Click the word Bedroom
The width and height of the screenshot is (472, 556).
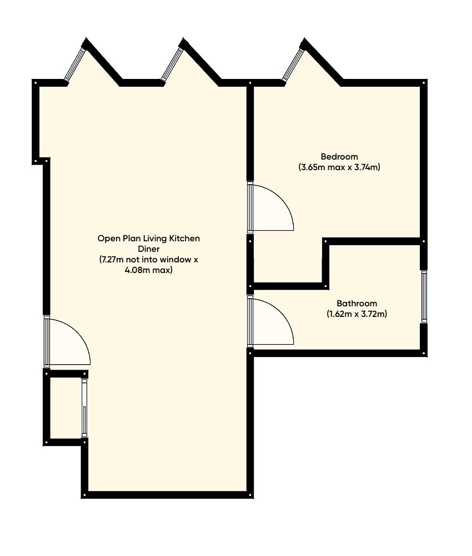point(339,156)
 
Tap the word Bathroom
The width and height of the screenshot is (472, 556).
point(356,304)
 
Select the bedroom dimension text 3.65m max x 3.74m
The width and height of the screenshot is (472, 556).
point(339,167)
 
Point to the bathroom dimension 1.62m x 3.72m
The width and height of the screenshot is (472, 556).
point(356,314)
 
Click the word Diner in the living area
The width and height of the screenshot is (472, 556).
point(149,249)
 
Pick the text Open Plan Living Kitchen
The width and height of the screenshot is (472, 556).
point(149,239)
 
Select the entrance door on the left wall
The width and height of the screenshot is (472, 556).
point(48,341)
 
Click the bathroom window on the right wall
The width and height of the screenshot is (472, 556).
point(424,296)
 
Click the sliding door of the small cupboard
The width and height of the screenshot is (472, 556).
point(84,408)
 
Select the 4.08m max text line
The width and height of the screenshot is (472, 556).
point(149,270)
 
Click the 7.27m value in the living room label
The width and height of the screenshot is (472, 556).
point(112,260)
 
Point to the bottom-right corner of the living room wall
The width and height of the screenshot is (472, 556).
point(249,494)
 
